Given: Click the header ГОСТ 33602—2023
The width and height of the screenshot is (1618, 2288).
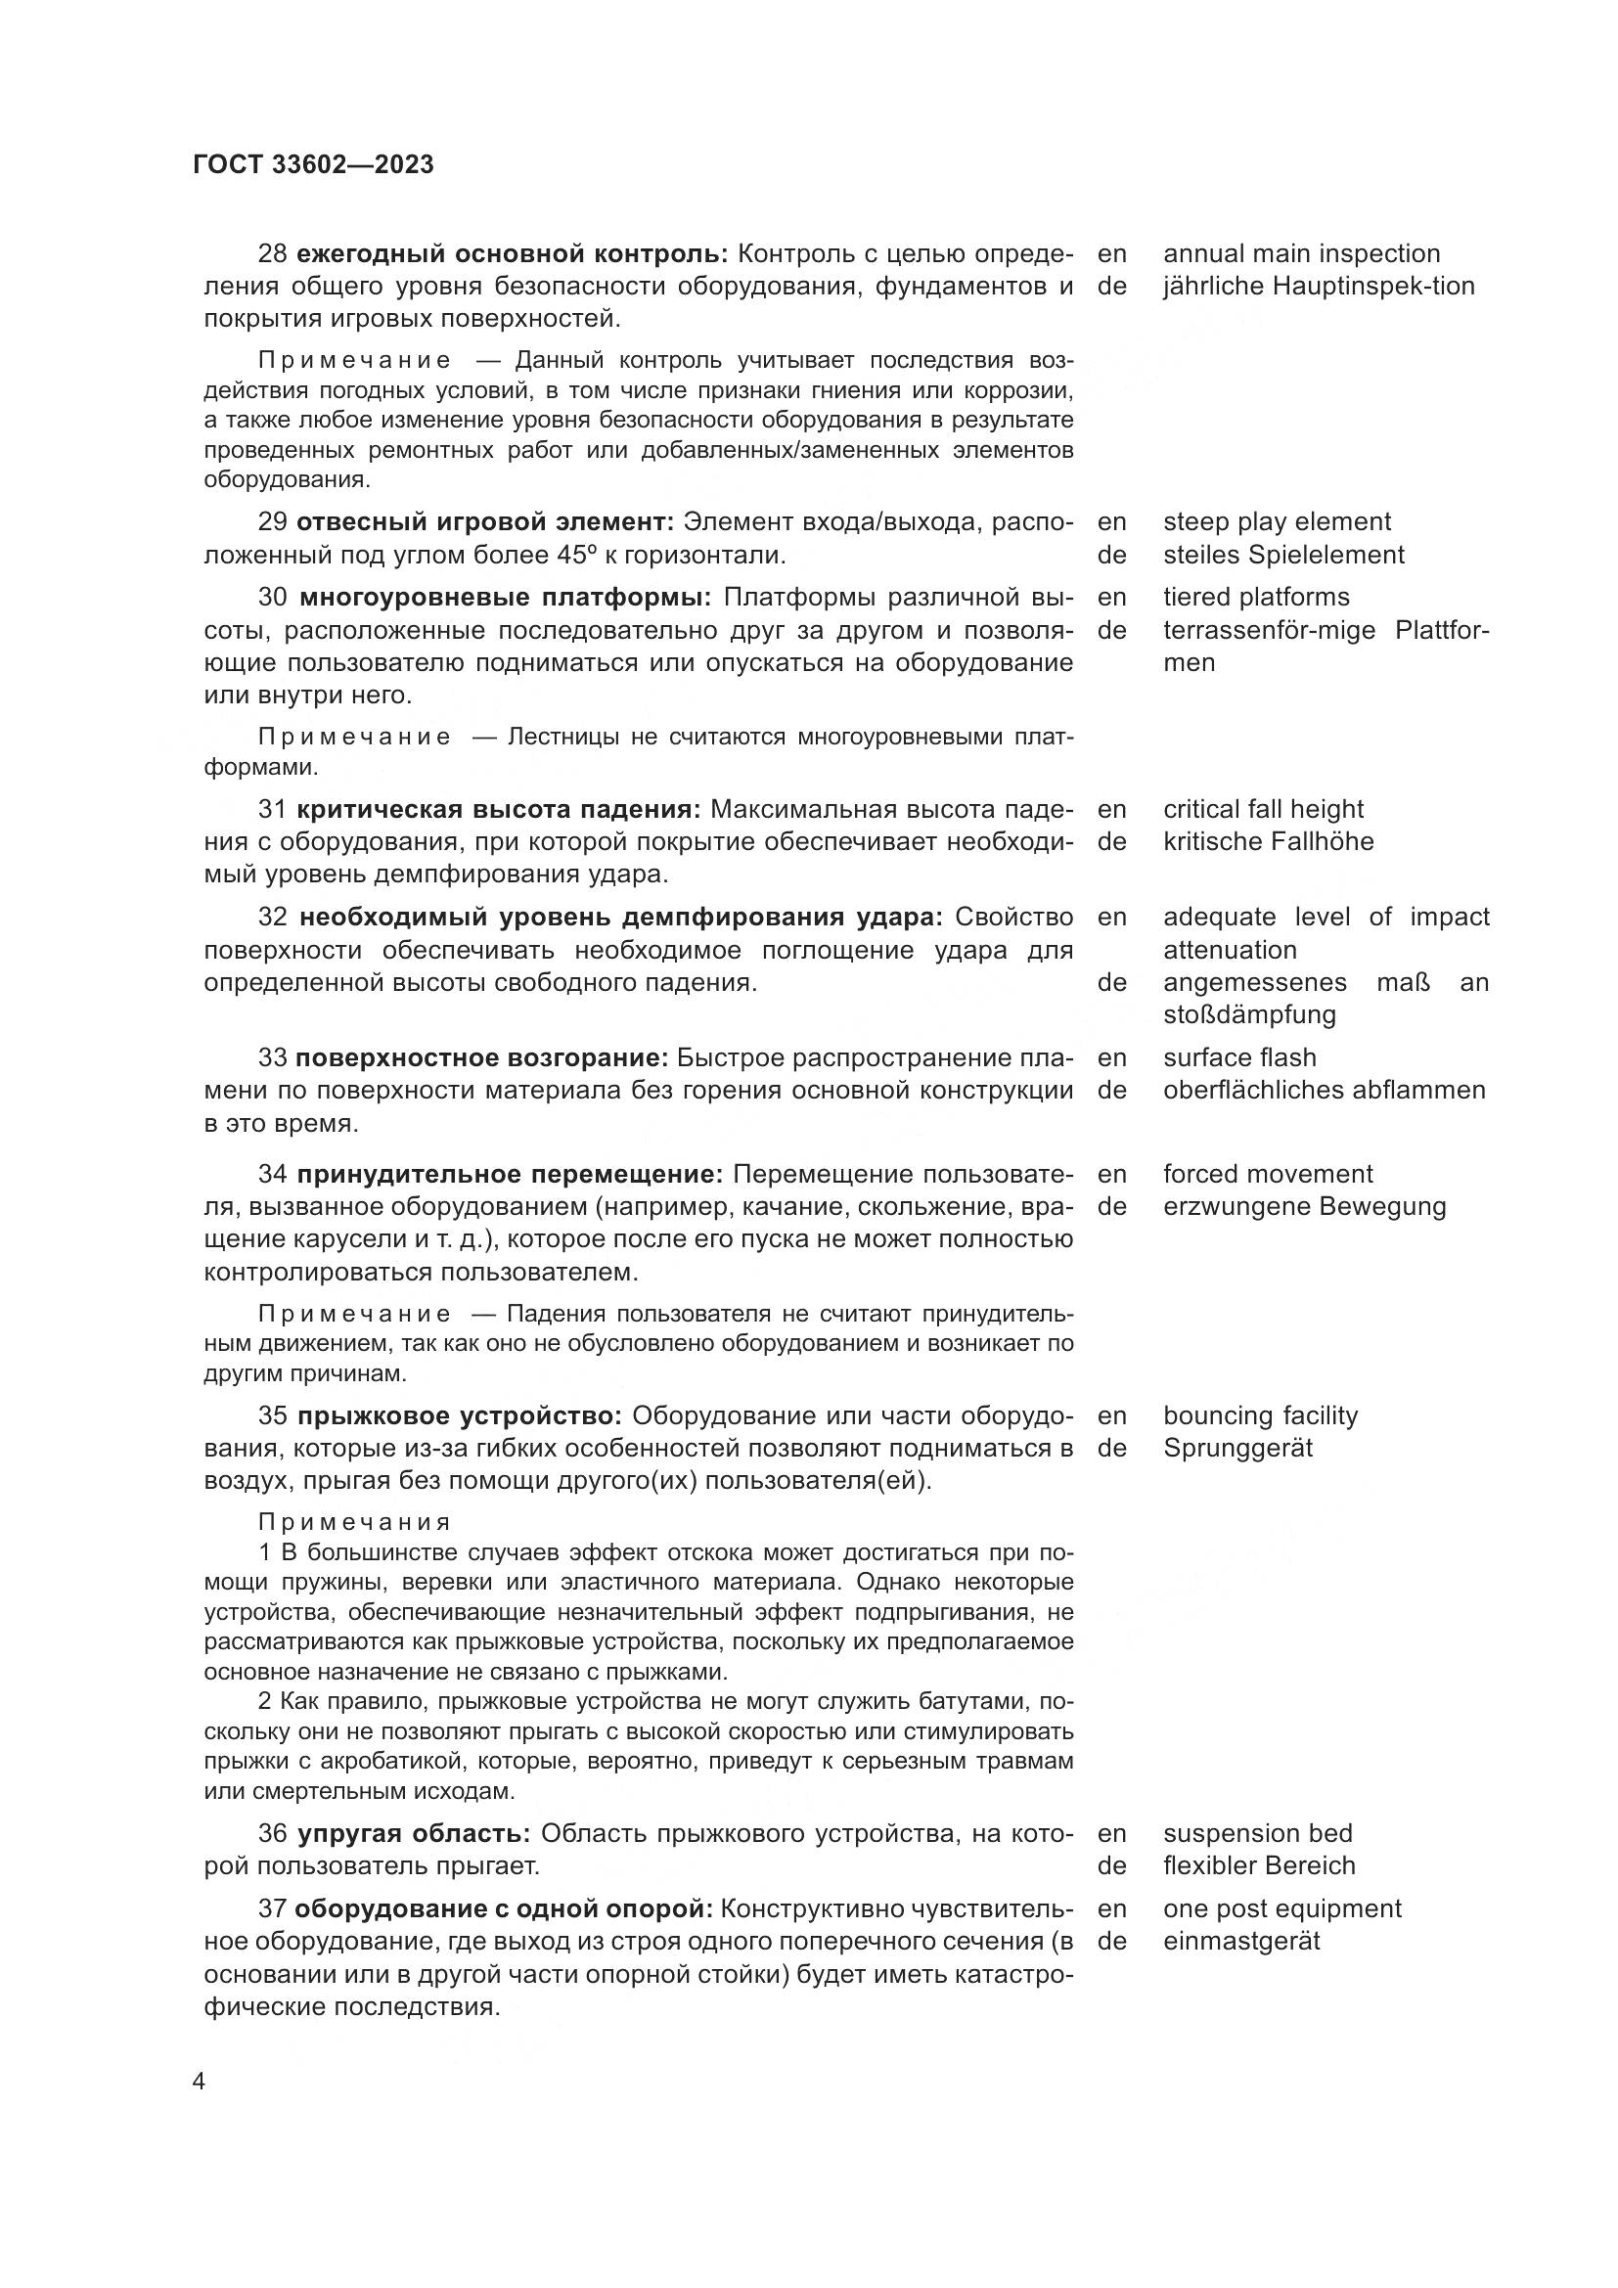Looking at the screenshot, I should (x=313, y=165).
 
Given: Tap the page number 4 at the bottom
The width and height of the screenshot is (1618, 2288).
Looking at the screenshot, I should (x=200, y=2082).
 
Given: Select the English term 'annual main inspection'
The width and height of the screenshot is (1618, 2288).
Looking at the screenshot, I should (x=1301, y=254).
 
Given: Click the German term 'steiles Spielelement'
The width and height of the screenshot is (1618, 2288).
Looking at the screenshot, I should (x=1283, y=555).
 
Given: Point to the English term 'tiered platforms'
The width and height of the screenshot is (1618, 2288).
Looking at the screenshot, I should (x=1255, y=597).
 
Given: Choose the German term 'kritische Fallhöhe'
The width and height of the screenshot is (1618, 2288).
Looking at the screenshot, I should (x=1267, y=842).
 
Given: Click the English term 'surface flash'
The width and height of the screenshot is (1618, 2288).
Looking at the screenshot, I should (x=1239, y=1057).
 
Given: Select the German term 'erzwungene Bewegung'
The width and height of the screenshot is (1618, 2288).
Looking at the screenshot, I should (x=1304, y=1207).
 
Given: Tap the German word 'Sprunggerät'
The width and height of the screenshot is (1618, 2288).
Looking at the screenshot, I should (x=1237, y=1448).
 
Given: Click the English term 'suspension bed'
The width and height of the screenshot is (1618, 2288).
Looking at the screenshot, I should (x=1257, y=1832).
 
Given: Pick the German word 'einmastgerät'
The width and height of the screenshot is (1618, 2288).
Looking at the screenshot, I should (x=1241, y=1940).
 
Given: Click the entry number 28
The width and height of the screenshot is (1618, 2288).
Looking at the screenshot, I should (x=272, y=254).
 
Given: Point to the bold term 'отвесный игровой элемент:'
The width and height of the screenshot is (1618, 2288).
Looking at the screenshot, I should (x=485, y=522).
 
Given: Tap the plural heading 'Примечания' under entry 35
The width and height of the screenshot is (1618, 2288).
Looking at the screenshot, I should (x=354, y=1523).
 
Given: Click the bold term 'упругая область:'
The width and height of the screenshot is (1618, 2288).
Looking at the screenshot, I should (x=413, y=1832).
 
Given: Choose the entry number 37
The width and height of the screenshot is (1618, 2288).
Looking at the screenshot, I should (x=272, y=1908).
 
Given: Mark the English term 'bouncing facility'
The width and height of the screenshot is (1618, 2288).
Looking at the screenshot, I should (x=1259, y=1415).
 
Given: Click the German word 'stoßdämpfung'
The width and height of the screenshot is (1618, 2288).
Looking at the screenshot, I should (x=1249, y=1014).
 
